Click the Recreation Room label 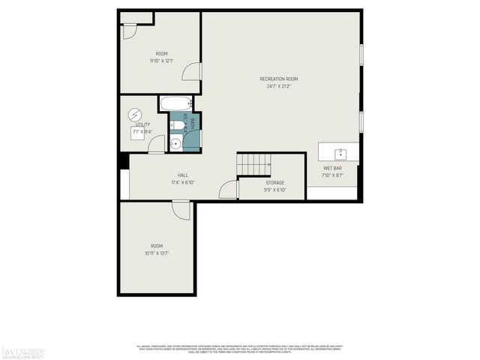point(279,79)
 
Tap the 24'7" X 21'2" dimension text point(279,86)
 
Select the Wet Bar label point(332,168)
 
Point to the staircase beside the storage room point(253,163)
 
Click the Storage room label point(275,183)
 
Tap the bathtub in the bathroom point(175,103)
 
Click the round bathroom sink point(175,145)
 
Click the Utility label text point(142,124)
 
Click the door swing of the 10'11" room point(181,210)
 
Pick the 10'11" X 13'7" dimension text point(156,253)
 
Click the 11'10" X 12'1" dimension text point(161,61)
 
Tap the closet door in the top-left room point(130,31)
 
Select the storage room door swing point(228,190)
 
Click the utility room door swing point(157,145)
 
